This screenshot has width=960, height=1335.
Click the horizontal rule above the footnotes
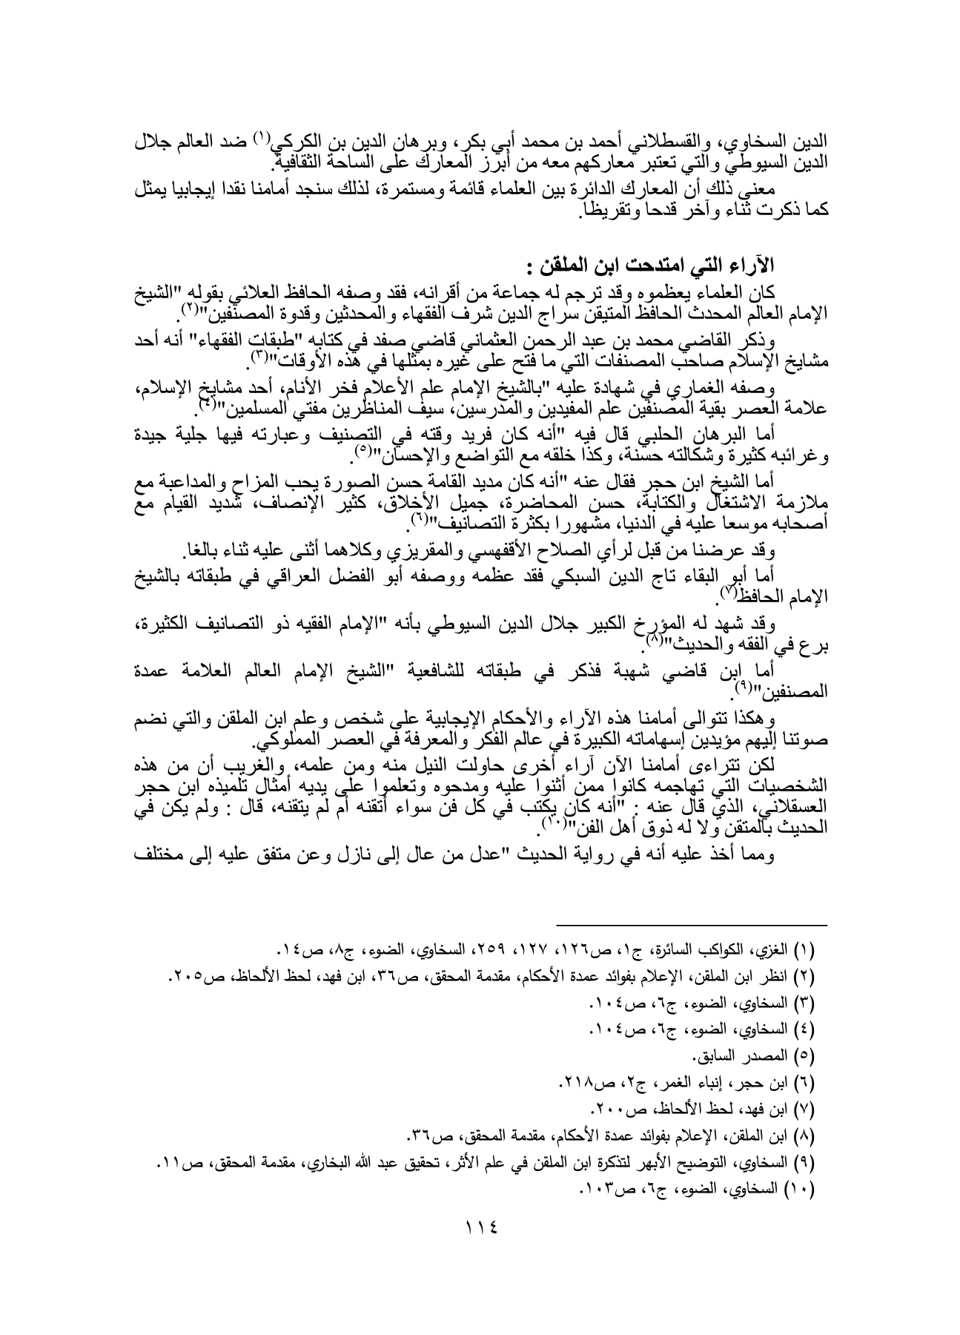692,925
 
